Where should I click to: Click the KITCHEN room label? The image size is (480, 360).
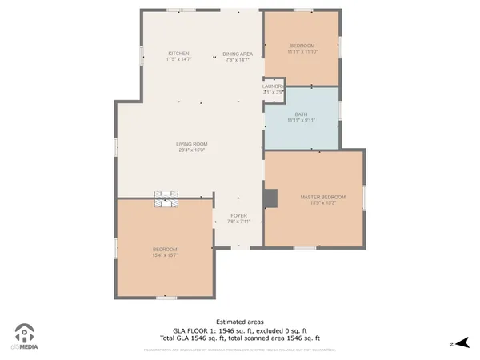178,54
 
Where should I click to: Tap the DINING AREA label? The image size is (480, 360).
238,54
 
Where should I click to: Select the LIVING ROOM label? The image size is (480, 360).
192,144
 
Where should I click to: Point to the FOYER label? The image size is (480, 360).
238,215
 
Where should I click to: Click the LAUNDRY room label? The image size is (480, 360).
274,86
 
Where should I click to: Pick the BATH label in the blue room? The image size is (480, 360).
301,114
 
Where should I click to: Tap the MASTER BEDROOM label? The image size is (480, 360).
322,197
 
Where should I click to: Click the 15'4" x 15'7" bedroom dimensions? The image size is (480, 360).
165,255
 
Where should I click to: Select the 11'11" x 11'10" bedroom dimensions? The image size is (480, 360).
302,51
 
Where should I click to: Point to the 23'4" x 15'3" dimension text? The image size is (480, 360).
192,150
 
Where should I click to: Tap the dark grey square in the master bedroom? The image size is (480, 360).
272,197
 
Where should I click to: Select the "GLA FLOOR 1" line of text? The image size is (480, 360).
240,330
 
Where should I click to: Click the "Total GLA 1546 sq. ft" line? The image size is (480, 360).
240,338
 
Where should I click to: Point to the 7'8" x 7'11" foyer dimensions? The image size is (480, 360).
238,221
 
